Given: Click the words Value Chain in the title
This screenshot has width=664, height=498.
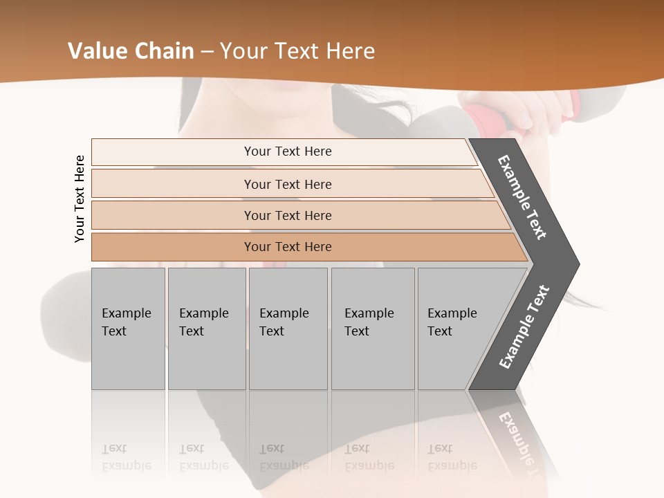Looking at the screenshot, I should (x=131, y=51).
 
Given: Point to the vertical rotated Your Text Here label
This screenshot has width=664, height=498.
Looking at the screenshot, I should (x=80, y=199).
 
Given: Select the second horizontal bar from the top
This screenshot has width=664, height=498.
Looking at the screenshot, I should (x=287, y=184).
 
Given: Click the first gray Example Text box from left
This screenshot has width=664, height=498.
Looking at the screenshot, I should (x=128, y=328).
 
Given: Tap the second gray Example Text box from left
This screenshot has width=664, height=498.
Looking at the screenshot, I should (x=206, y=328).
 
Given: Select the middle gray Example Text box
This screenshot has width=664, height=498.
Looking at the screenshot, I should (x=288, y=328).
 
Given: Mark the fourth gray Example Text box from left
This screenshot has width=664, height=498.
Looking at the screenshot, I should (x=373, y=328).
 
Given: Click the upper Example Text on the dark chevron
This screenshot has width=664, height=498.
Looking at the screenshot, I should (x=523, y=197).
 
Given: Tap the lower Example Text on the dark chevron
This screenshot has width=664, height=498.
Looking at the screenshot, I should (x=524, y=326).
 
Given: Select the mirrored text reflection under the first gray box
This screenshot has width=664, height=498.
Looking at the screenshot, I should (x=126, y=457).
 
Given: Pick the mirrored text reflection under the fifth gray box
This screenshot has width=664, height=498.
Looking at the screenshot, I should (x=452, y=457).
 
